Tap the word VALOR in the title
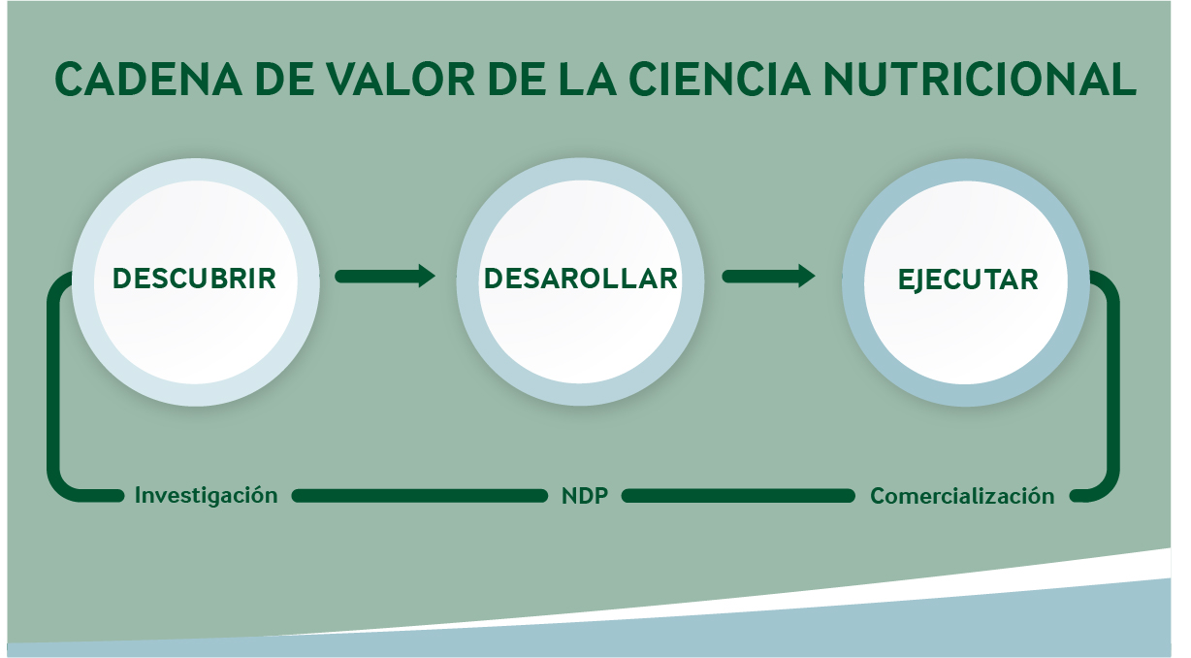tap(400, 80)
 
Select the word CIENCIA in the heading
tap(720, 80)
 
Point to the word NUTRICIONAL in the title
tap(980, 80)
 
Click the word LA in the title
tap(587, 80)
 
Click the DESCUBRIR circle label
tap(195, 279)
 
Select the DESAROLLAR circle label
tap(581, 279)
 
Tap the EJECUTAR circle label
tap(968, 280)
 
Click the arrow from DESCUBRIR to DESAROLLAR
tap(385, 276)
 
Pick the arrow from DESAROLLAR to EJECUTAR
tap(769, 276)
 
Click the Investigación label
tap(207, 496)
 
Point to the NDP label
tap(585, 496)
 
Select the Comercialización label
tap(962, 496)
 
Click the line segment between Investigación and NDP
tap(420, 496)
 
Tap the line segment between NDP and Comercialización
tap(738, 496)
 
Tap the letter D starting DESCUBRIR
tap(122, 279)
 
